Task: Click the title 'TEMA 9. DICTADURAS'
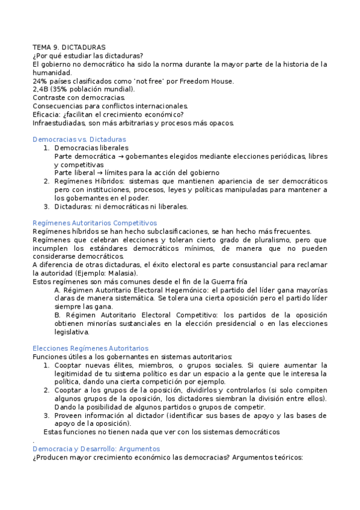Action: pos(69,46)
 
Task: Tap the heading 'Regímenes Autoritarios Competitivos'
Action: pos(94,223)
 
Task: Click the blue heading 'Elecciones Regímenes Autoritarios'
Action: pos(90,348)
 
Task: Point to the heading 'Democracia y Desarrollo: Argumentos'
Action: pos(96,449)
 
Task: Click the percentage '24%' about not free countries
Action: pos(40,81)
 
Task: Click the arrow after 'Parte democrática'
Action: pos(120,156)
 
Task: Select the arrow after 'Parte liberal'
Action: pos(102,173)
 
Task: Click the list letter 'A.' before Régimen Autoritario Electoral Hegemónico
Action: pos(58,290)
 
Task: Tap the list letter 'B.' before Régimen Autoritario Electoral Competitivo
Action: pos(58,315)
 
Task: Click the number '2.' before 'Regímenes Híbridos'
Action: pos(47,181)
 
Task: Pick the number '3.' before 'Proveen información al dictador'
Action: pos(47,415)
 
